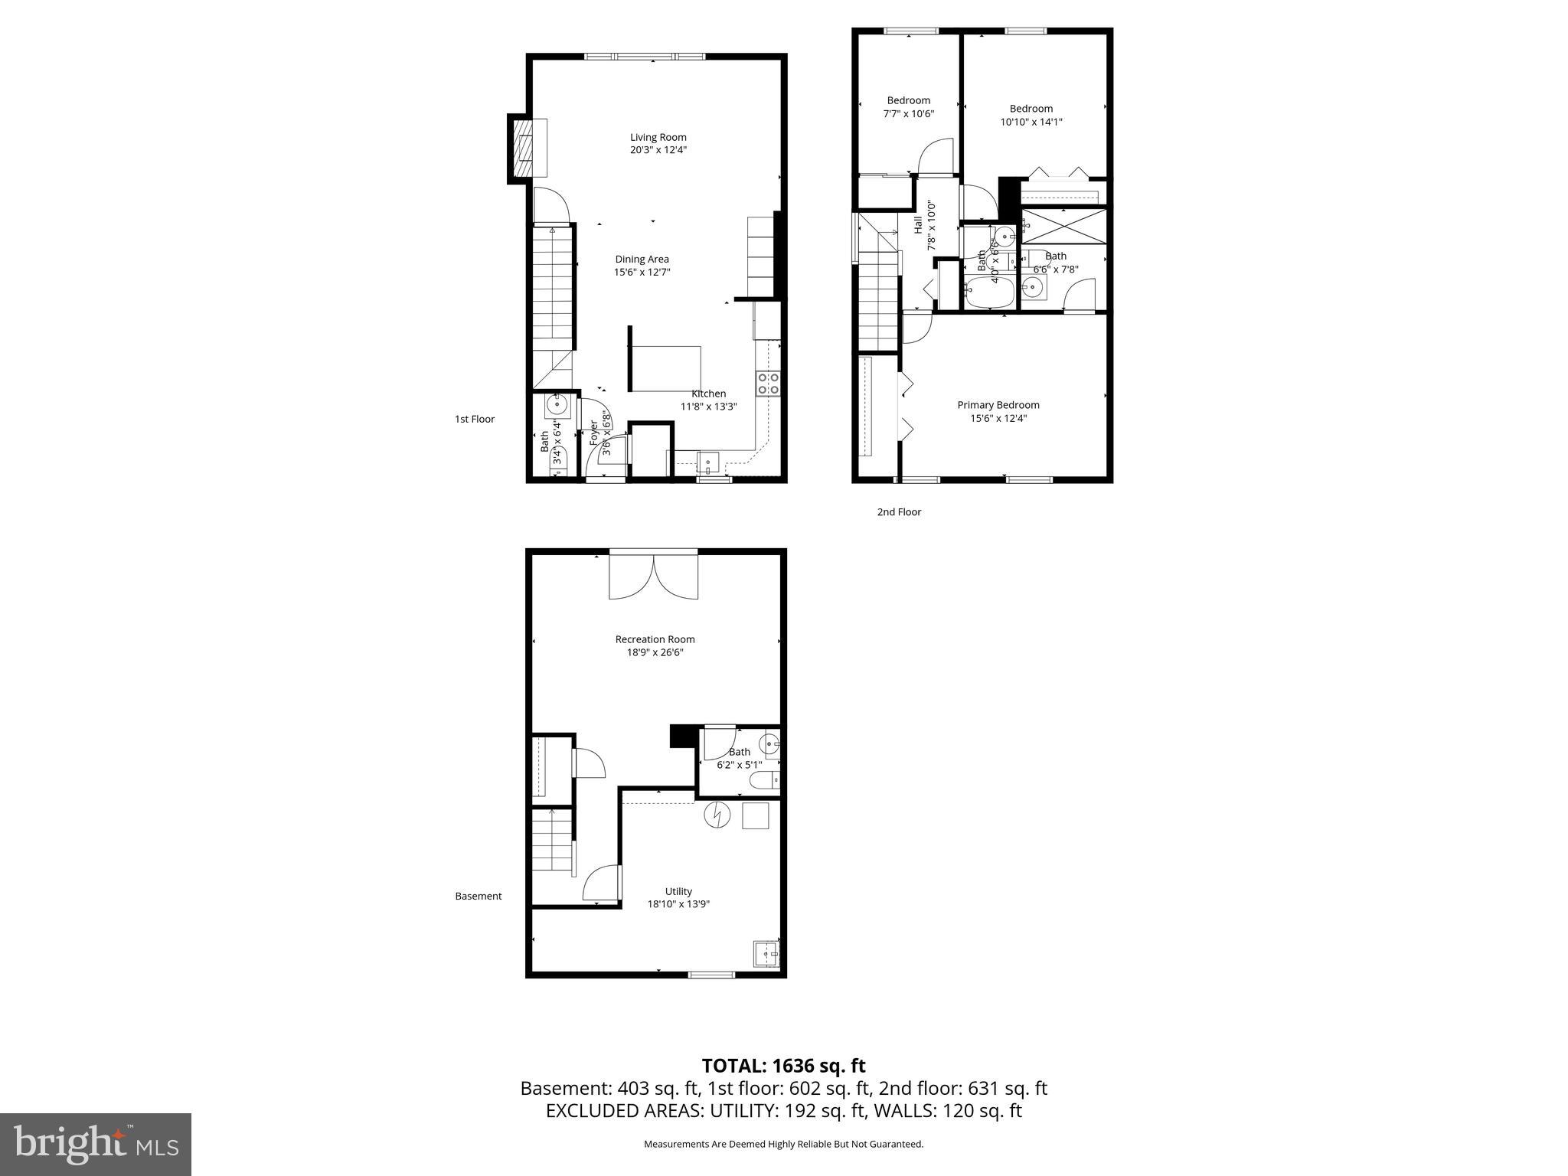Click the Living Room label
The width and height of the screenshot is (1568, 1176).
tap(658, 138)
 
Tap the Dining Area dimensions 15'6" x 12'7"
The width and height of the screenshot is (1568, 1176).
tap(642, 273)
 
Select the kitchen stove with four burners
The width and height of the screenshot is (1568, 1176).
tap(768, 383)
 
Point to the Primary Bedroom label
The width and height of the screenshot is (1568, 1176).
tap(998, 405)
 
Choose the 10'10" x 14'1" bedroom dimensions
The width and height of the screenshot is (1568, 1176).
tap(1031, 122)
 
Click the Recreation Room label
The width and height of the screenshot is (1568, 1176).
tap(655, 639)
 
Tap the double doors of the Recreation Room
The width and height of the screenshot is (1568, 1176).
tap(653, 576)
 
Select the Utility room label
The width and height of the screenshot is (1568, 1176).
tap(678, 891)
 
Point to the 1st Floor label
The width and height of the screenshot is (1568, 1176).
tap(475, 419)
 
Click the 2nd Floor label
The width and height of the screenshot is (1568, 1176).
tap(899, 512)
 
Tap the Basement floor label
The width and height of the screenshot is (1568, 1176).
tap(479, 896)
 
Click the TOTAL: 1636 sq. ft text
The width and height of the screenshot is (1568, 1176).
tap(783, 1066)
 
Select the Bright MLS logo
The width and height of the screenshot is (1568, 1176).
tap(96, 1145)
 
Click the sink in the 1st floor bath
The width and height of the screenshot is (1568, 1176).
tap(556, 404)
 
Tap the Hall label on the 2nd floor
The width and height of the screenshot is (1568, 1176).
tap(917, 225)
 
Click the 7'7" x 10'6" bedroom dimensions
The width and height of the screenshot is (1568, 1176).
tap(908, 113)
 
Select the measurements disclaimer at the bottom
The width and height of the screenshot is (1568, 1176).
tap(783, 1144)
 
